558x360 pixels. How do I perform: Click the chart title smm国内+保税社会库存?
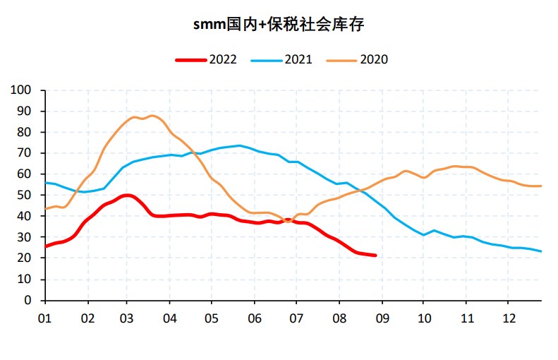tap(279, 25)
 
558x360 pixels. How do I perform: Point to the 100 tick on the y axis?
tap(23, 90)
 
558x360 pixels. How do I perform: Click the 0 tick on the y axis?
tap(29, 301)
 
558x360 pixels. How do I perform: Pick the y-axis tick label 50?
tap(25, 196)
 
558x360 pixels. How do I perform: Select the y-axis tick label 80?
tap(25, 133)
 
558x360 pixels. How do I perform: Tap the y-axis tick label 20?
tap(25, 258)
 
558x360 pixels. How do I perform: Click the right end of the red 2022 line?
tap(375, 256)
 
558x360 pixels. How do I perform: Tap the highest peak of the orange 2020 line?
tap(152, 115)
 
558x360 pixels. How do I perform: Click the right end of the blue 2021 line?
tap(541, 251)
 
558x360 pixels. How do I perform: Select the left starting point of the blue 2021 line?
tap(45, 183)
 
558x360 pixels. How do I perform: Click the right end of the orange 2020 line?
tap(541, 186)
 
